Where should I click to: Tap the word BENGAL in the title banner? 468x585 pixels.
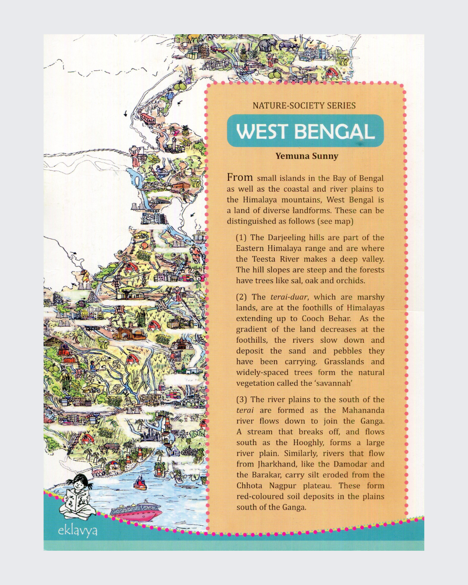click(334, 131)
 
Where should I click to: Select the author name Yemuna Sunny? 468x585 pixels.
click(307, 156)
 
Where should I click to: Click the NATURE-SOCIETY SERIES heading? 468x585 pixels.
click(304, 106)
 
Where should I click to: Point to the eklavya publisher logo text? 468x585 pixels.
click(78, 530)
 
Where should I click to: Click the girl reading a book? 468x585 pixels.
click(78, 496)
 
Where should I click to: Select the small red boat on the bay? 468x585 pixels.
click(140, 483)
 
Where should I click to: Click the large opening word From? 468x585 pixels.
click(240, 177)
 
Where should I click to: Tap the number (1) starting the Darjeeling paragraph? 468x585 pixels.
click(241, 237)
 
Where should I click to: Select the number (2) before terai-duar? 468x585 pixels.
click(241, 297)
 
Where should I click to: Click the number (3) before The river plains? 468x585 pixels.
click(242, 400)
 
